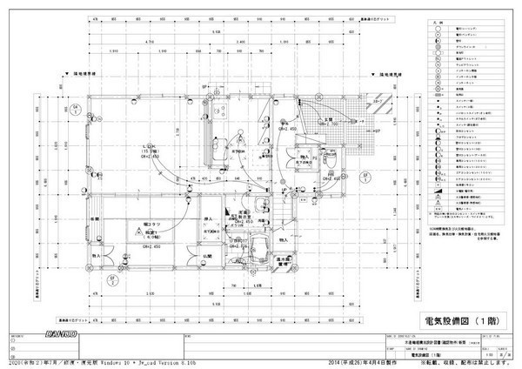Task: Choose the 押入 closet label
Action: point(209,218)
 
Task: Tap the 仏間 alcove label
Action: point(205,256)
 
